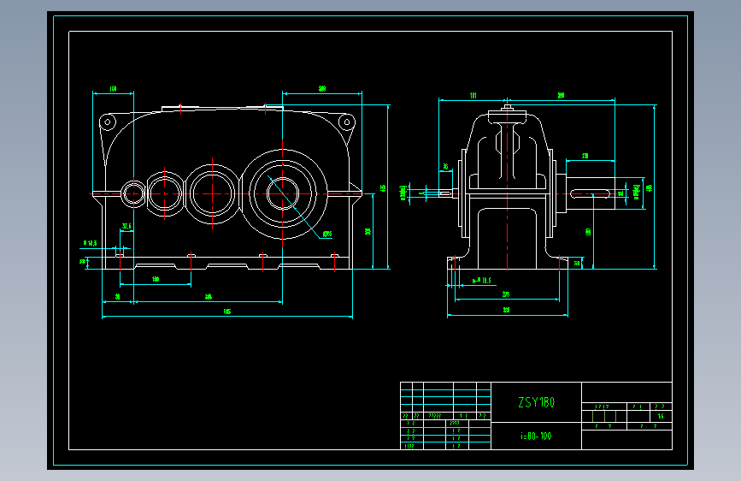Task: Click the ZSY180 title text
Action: click(537, 402)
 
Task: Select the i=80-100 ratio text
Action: click(537, 436)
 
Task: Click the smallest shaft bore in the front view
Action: click(133, 193)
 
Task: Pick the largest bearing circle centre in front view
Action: click(283, 193)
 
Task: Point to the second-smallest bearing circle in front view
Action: click(166, 193)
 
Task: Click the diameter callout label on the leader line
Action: click(327, 234)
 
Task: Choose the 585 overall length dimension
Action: click(226, 312)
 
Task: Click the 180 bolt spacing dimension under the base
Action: click(156, 280)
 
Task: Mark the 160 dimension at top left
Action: click(113, 89)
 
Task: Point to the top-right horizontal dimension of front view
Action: click(322, 89)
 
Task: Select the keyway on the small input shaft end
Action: click(445, 194)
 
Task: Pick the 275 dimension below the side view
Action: click(506, 295)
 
